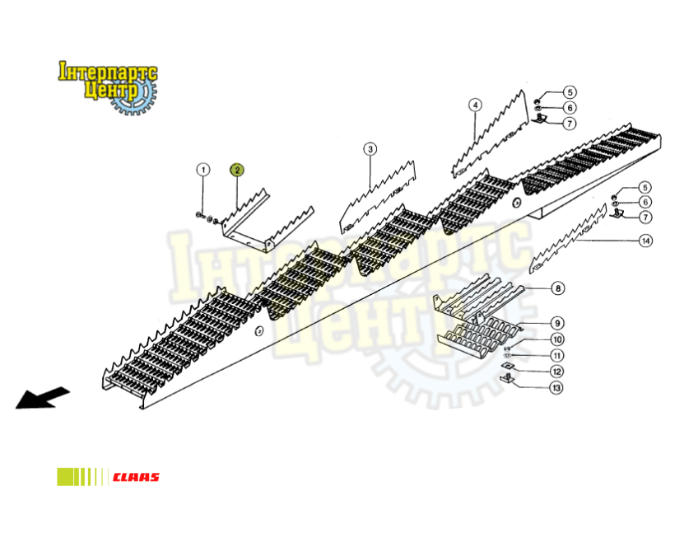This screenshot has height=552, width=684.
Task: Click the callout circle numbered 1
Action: coord(202,170)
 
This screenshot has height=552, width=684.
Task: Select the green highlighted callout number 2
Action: coord(237,170)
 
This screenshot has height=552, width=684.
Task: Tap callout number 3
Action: coord(370,149)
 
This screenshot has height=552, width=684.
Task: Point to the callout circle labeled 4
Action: coord(475,105)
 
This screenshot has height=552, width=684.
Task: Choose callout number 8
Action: coord(557,288)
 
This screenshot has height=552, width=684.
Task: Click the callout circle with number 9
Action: coord(557,323)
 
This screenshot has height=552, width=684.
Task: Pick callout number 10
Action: coord(557,339)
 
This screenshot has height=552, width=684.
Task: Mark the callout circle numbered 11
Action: coord(557,355)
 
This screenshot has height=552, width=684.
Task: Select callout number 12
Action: coord(556,372)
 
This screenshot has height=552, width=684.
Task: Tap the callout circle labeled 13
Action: coord(556,388)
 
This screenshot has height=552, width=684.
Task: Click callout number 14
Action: coord(645,241)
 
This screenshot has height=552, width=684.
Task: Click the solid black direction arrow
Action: coord(42,398)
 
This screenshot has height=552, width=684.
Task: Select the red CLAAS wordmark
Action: coord(136,477)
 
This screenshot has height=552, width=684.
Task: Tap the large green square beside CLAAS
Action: coord(65,477)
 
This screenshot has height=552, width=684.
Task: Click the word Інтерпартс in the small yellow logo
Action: coord(108,73)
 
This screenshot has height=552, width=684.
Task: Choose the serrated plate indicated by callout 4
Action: coord(491,133)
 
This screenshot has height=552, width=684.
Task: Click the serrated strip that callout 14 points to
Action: coord(568,239)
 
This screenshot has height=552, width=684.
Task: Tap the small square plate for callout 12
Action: coord(507,365)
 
